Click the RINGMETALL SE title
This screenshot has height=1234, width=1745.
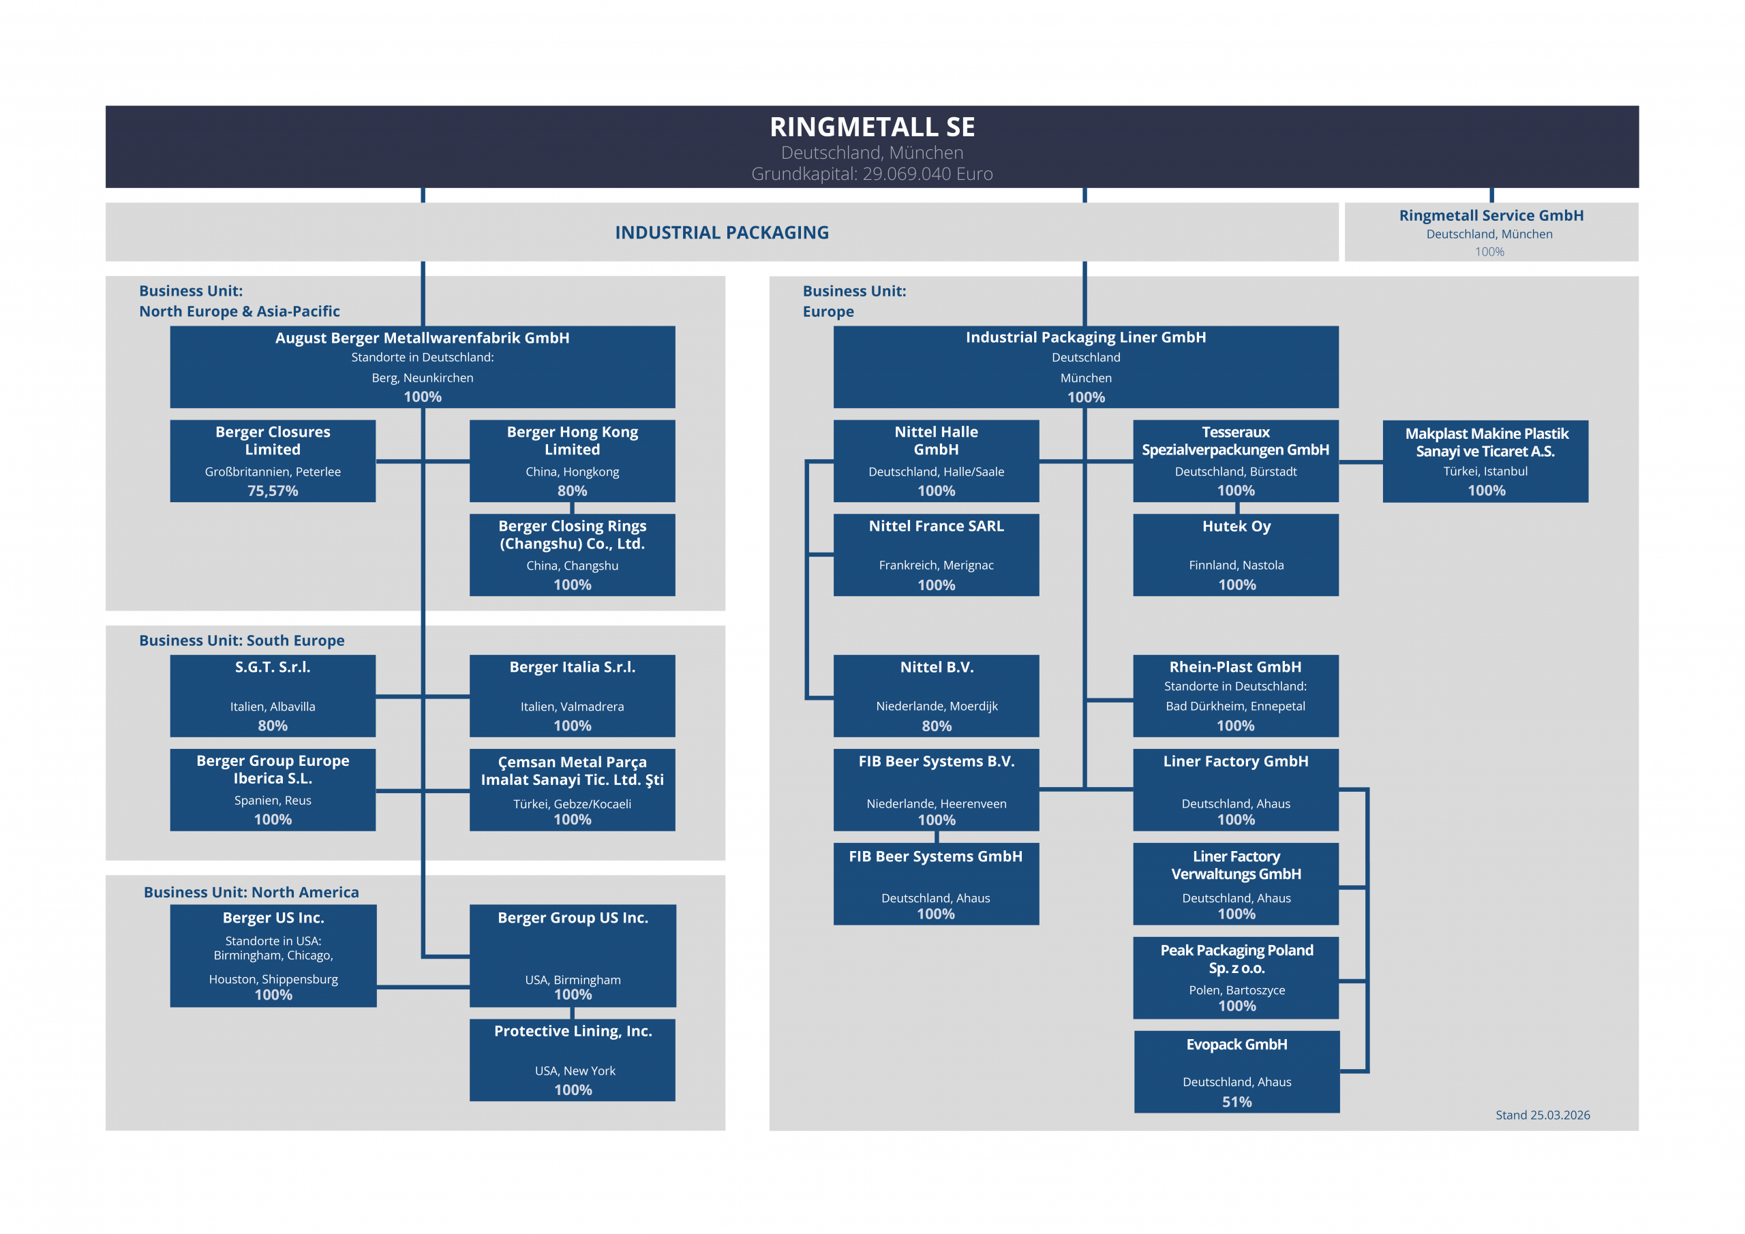point(872,126)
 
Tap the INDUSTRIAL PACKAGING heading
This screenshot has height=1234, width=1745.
point(721,232)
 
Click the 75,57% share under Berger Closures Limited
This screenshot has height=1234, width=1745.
point(272,491)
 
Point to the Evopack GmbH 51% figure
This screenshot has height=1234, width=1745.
point(1236,1102)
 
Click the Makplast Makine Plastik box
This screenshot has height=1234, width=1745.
point(1485,461)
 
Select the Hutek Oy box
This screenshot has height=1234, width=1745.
point(1235,554)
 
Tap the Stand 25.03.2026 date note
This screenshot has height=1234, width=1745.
point(1542,1115)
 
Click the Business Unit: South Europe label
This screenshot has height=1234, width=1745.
point(242,641)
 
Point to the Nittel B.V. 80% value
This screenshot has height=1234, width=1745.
point(937,726)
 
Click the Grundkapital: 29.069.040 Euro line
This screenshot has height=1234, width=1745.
point(872,174)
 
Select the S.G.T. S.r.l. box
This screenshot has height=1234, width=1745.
point(272,695)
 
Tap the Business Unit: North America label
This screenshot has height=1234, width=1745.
point(251,892)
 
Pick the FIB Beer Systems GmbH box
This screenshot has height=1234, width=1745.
point(936,883)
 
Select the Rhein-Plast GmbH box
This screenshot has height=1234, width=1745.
point(1235,695)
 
